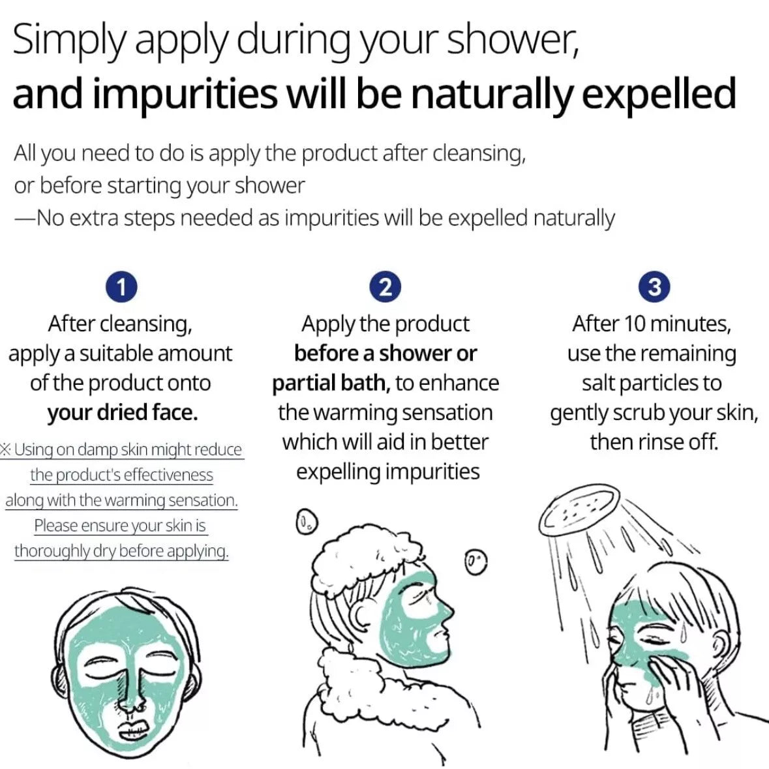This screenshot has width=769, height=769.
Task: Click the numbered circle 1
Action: point(121,287)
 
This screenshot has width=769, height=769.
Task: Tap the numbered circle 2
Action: point(385,287)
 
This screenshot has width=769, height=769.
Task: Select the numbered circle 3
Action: point(654,287)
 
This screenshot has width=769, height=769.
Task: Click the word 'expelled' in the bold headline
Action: point(659,95)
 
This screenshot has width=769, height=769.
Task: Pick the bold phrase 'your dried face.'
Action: point(123,413)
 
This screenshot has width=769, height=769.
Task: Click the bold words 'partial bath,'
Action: point(331,384)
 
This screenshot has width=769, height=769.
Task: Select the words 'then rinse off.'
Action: point(654,442)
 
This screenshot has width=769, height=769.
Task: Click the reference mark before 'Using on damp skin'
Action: point(6,449)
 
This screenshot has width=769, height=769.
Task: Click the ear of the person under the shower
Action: point(719,646)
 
